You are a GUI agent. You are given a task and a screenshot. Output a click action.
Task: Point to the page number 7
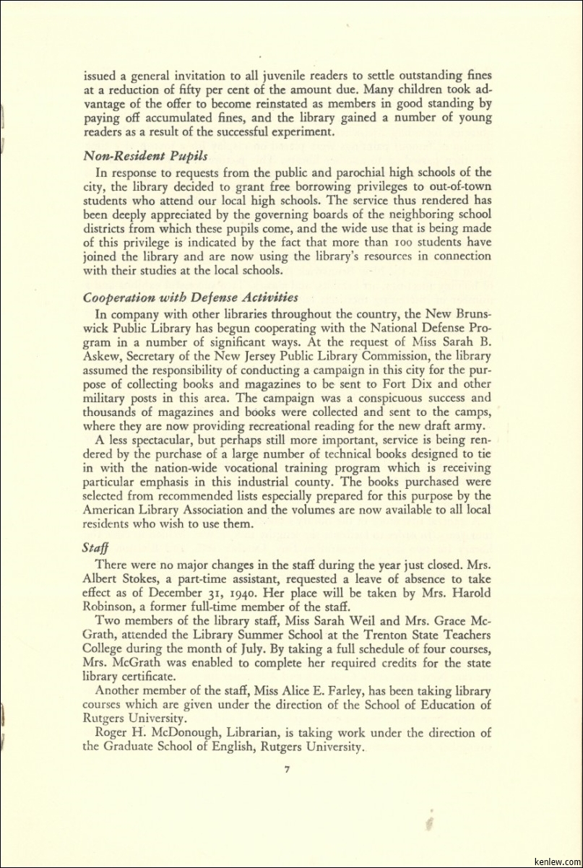[287, 769]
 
